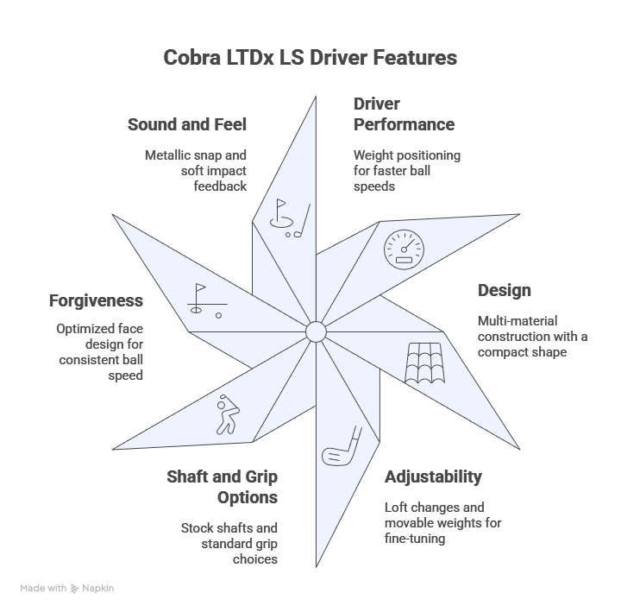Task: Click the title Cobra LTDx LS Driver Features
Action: (x=310, y=58)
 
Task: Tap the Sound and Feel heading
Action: (x=187, y=125)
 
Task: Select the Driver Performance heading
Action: (x=404, y=114)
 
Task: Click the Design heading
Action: (x=504, y=290)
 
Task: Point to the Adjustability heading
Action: (x=433, y=476)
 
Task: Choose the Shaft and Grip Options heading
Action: (x=223, y=487)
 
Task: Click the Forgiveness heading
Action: (x=96, y=300)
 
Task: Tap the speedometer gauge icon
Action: (x=405, y=249)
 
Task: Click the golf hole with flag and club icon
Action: (x=284, y=216)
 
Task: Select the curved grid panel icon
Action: (x=426, y=363)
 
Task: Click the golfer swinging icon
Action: (x=225, y=413)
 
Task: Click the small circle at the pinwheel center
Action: (x=316, y=331)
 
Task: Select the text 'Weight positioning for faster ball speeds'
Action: (x=407, y=170)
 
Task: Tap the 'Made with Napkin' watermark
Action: (x=67, y=588)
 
